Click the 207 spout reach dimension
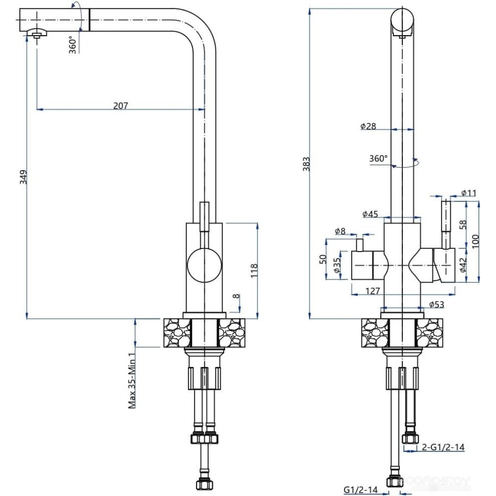coord(121,105)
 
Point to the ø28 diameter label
coord(368,126)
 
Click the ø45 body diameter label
coord(370,214)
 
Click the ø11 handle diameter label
coord(469,193)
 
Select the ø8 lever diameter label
coord(340,231)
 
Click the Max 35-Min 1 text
coord(132,380)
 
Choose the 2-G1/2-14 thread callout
coord(443,447)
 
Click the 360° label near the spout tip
coord(73,45)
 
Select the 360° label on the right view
coord(378,159)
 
